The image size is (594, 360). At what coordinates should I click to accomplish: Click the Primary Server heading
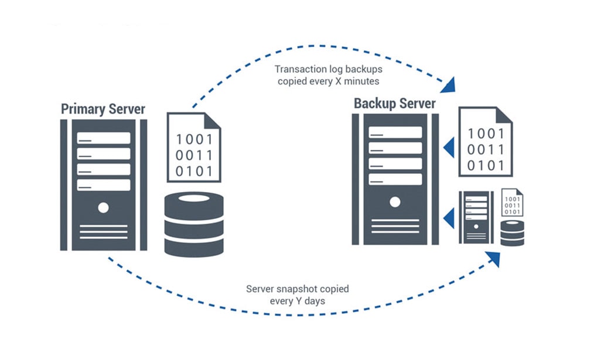[103, 109]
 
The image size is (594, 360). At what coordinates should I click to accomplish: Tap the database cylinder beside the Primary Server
[194, 225]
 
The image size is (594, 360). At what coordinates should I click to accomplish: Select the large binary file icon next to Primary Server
[194, 146]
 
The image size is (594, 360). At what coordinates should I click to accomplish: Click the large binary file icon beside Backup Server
[485, 141]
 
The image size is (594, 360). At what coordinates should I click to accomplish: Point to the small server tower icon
[475, 217]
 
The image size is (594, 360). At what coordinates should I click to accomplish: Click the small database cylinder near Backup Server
[512, 233]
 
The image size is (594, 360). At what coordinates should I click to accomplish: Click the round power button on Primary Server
[103, 207]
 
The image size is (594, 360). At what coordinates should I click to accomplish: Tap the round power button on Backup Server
[395, 201]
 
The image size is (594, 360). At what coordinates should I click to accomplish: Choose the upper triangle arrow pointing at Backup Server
[449, 148]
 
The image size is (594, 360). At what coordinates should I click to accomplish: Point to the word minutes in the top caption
[361, 81]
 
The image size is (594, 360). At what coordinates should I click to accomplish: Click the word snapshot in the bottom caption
[299, 289]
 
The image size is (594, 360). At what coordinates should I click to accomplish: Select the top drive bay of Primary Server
[103, 138]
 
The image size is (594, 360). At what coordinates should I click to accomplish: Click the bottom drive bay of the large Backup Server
[395, 179]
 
